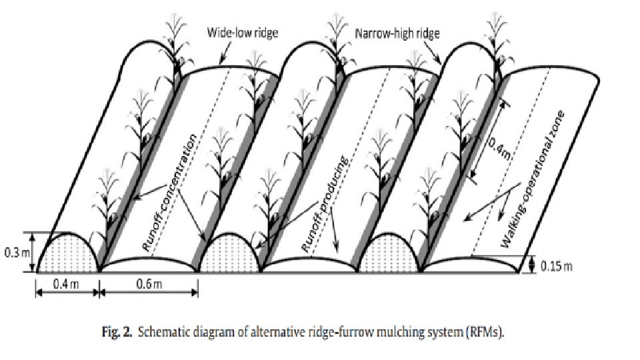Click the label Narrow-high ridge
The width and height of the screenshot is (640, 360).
coord(397,33)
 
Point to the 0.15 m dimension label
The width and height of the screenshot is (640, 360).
coord(557,267)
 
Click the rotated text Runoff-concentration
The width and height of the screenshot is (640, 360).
coord(171,192)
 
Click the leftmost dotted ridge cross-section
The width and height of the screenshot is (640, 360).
coord(69,255)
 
